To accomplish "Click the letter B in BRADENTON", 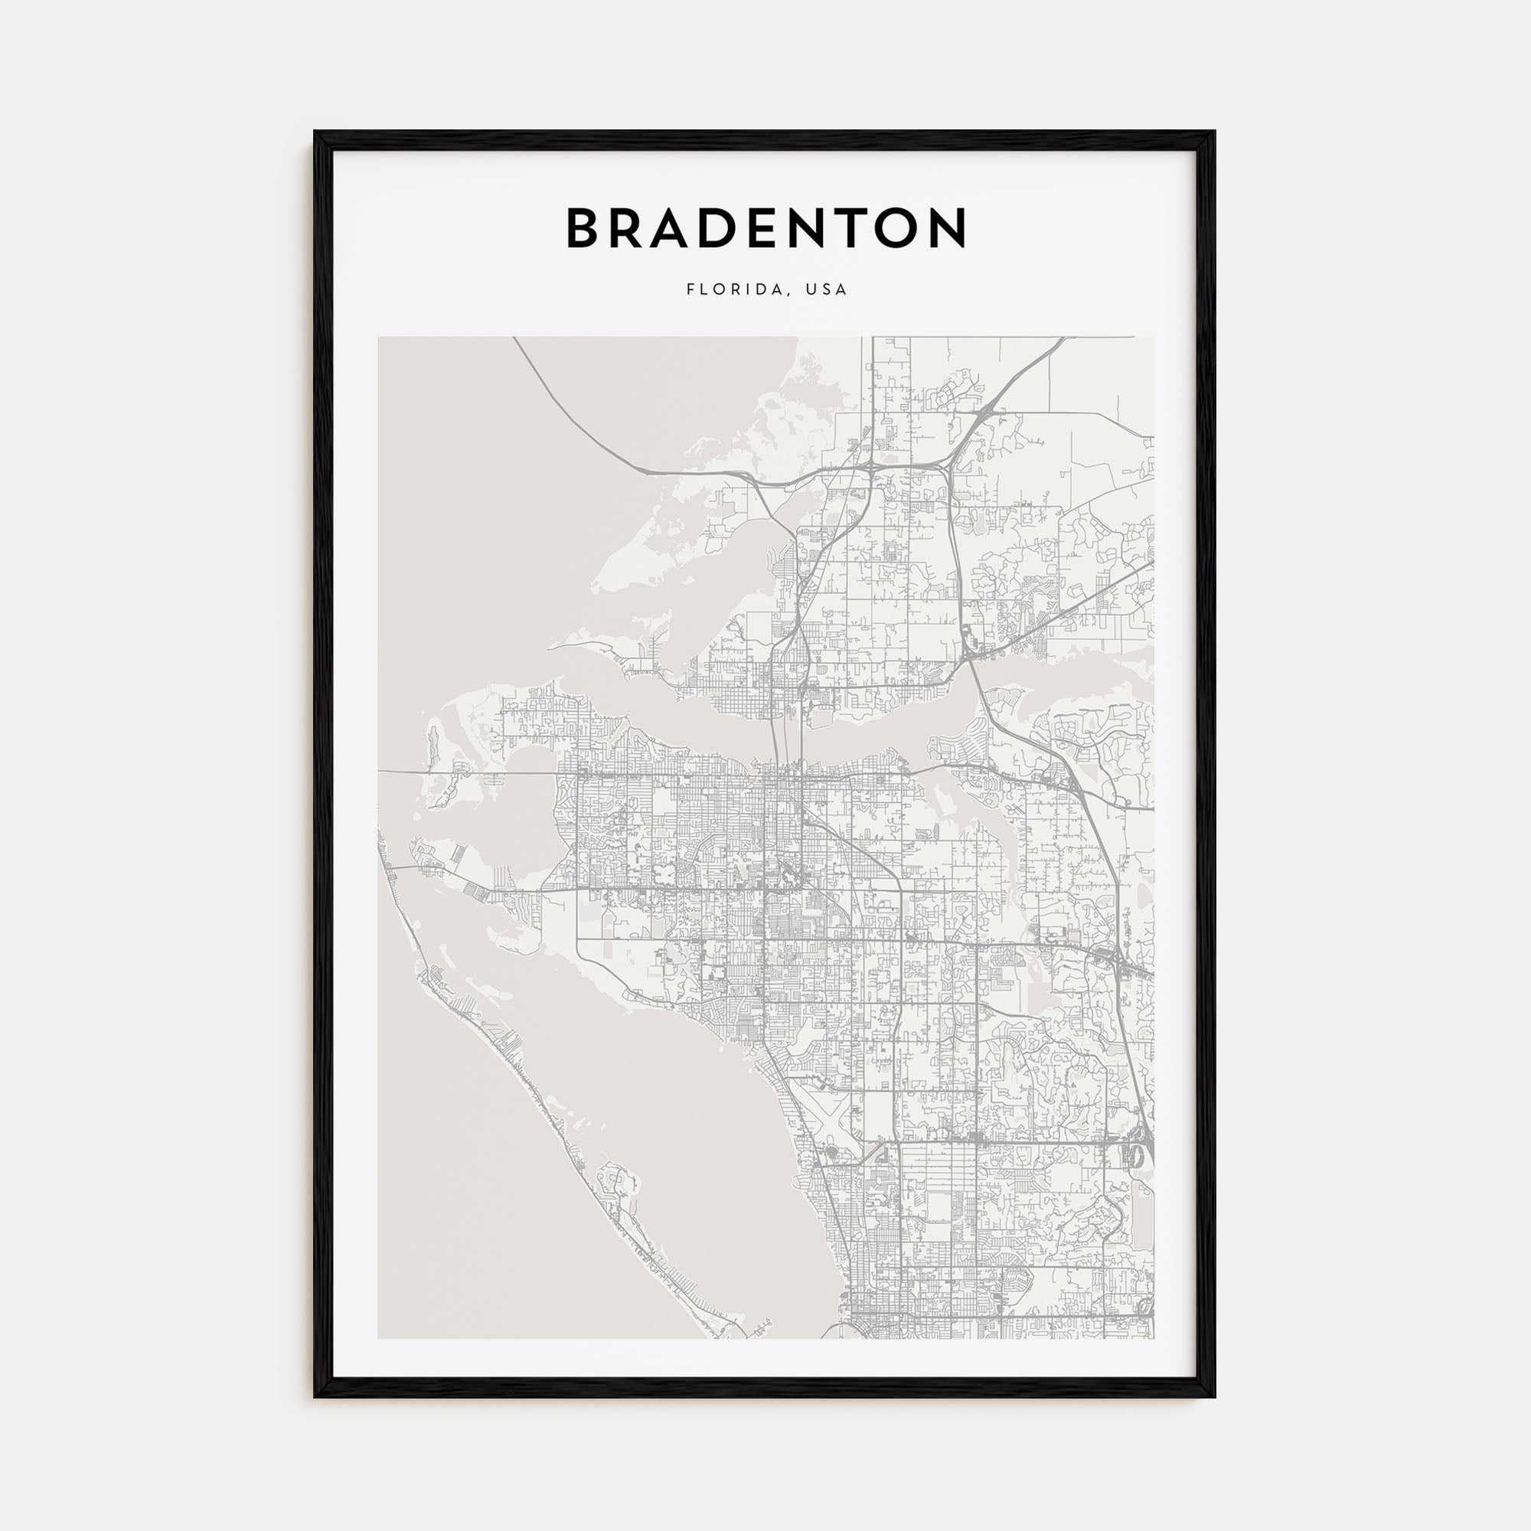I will pyautogui.click(x=586, y=228).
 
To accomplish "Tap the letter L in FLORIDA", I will pyautogui.click(x=703, y=290).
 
